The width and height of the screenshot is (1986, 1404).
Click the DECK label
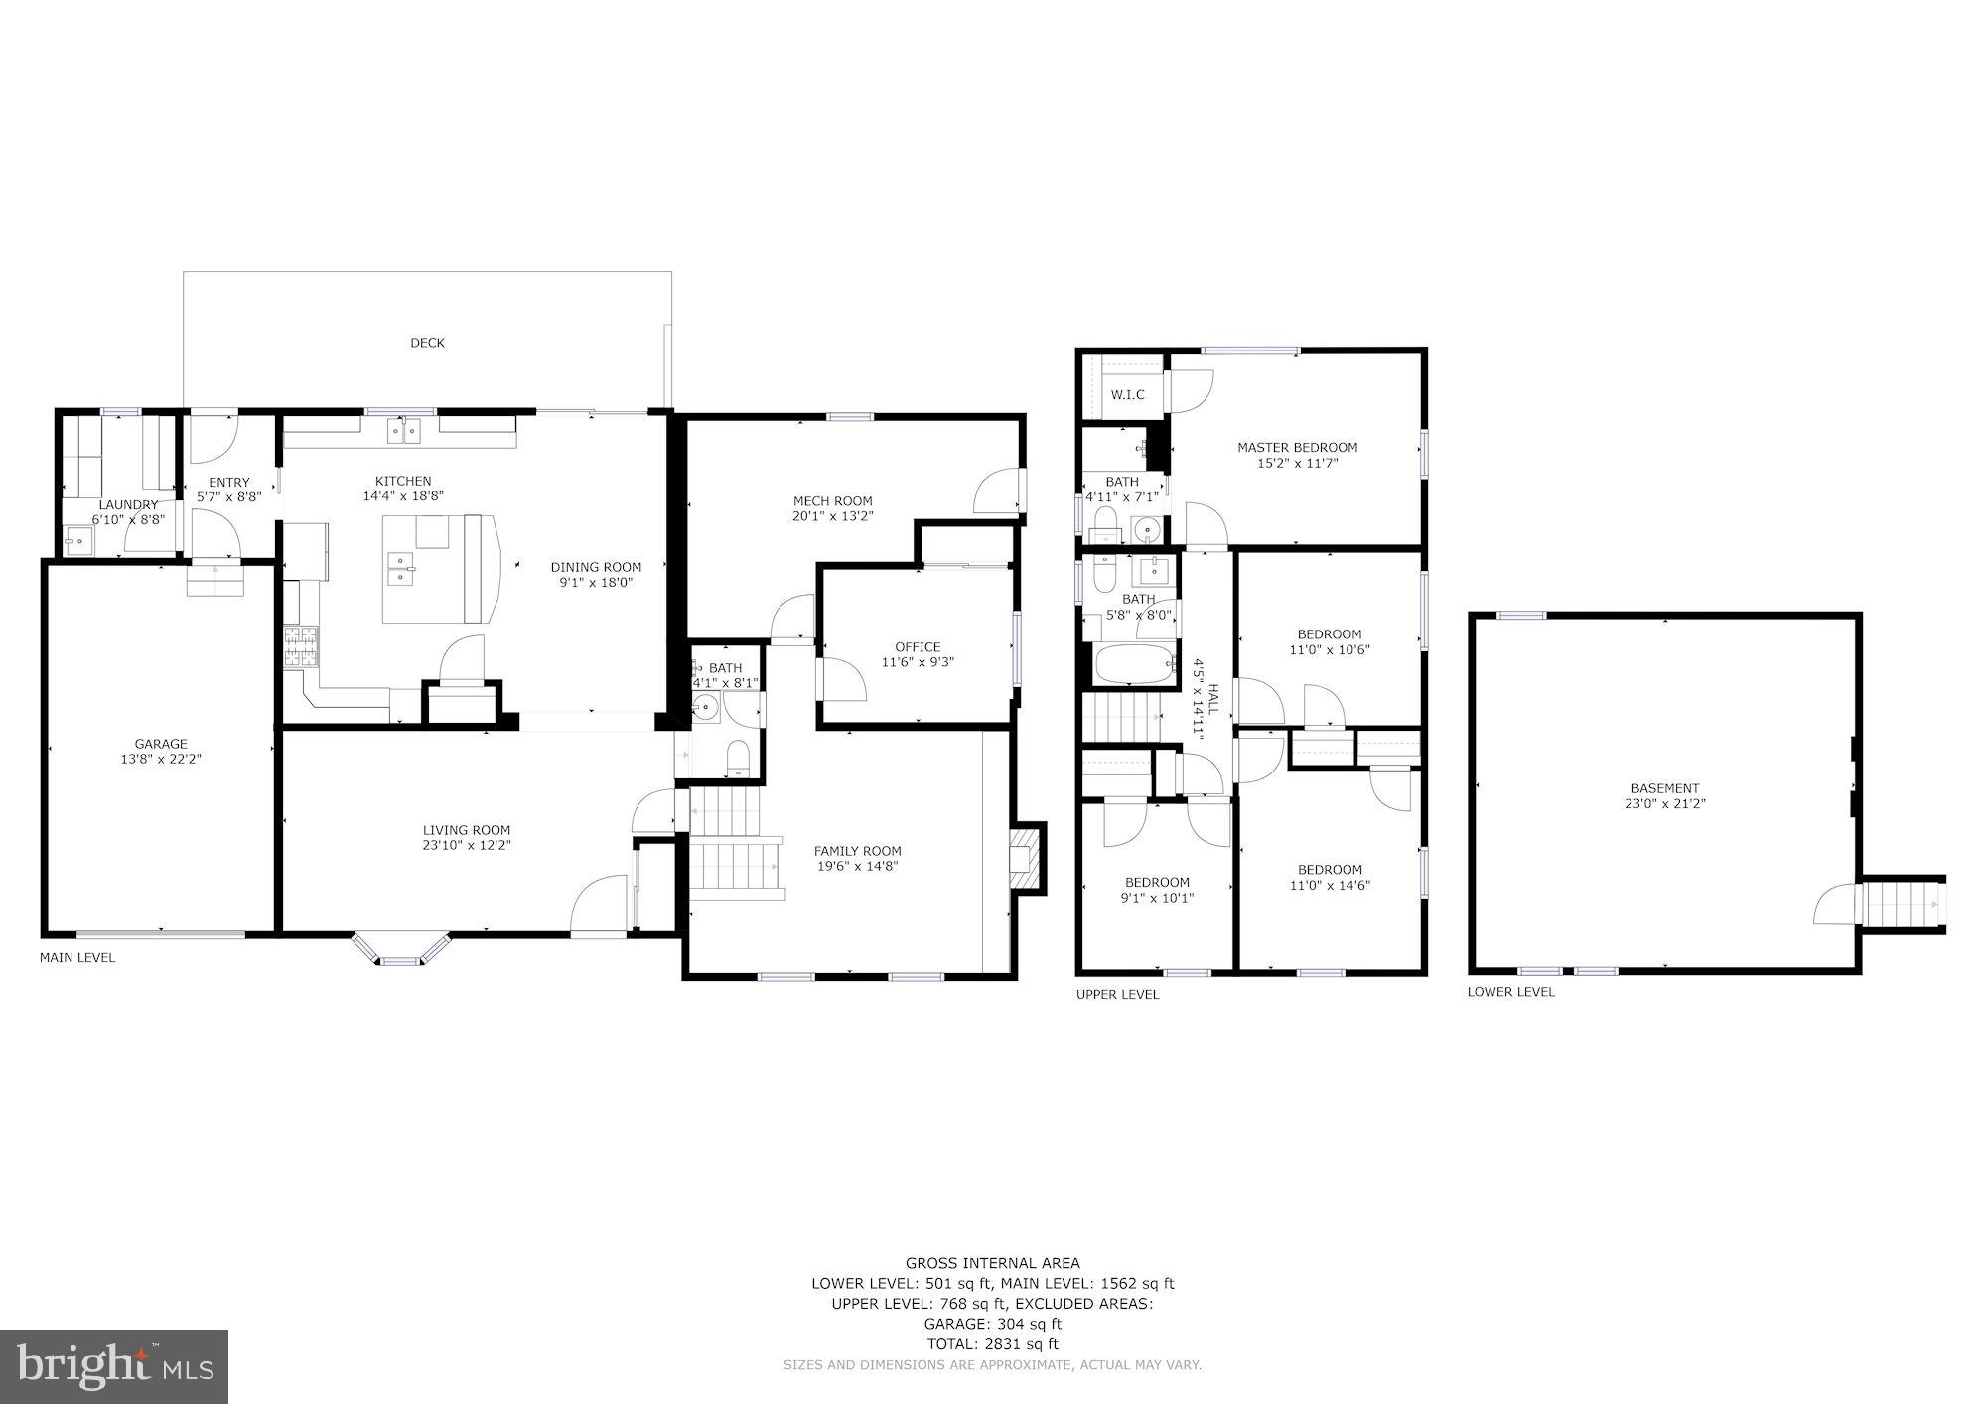[427, 343]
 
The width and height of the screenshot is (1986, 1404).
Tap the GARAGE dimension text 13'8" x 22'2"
[161, 760]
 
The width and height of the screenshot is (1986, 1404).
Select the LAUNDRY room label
[129, 504]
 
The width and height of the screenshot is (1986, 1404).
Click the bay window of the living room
[400, 951]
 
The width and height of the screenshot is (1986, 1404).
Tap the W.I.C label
[1127, 395]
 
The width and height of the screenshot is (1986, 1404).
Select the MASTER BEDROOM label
[1297, 447]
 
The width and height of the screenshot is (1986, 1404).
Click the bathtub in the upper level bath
[1133, 664]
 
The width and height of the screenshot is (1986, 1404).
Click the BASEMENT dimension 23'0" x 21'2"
[1664, 804]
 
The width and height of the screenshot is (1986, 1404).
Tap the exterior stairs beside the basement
[1899, 904]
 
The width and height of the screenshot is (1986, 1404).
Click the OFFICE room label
[917, 647]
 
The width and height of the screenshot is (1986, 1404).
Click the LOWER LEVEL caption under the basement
[1510, 992]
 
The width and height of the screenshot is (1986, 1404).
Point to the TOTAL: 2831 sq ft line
[992, 1344]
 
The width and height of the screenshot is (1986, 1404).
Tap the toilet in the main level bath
[738, 761]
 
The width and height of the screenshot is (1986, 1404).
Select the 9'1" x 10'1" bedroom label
[1157, 898]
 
